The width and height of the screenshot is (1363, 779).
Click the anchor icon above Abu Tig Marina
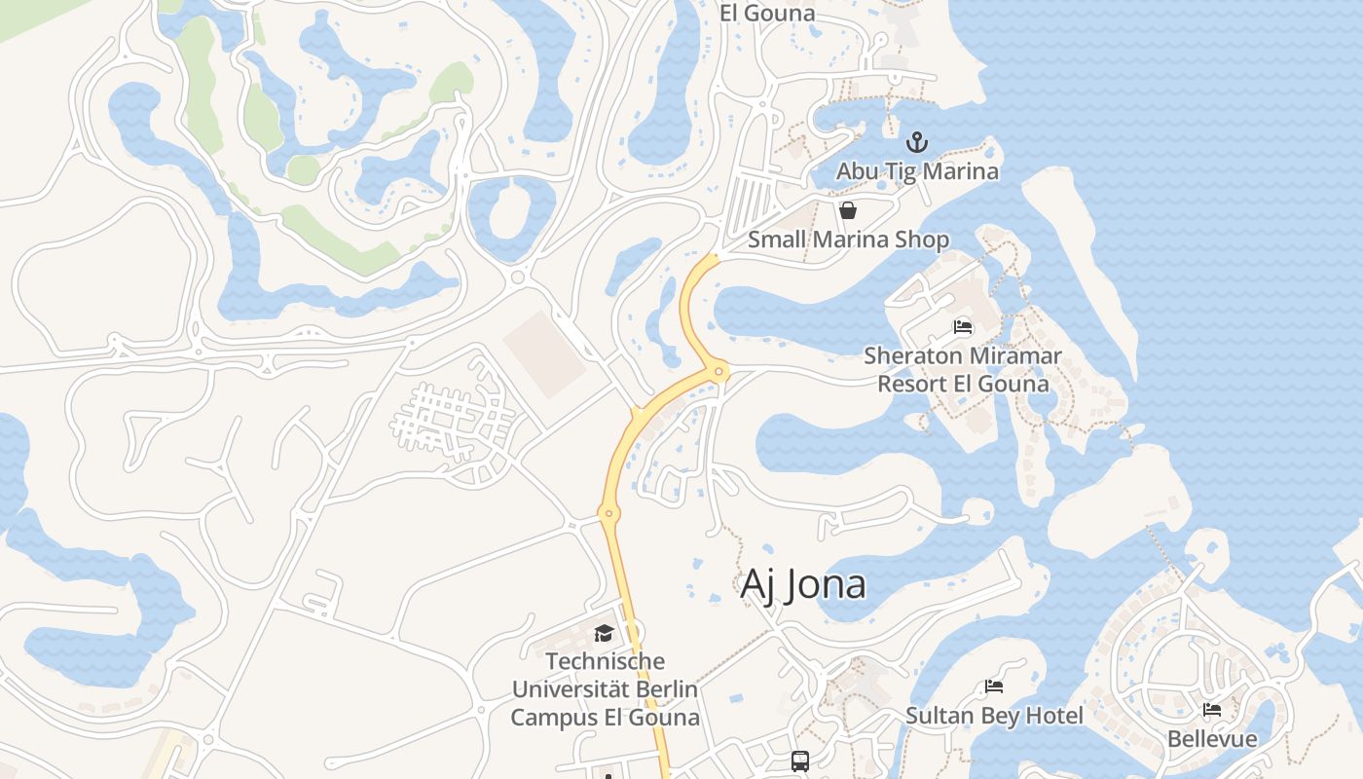click(917, 143)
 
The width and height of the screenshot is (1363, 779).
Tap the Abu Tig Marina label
click(917, 171)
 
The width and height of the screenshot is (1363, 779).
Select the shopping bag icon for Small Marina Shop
click(848, 210)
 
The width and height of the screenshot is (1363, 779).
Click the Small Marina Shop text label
click(848, 240)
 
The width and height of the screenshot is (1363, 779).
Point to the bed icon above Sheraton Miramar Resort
click(963, 327)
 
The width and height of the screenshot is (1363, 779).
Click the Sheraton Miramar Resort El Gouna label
click(963, 370)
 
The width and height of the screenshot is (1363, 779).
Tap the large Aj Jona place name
click(803, 584)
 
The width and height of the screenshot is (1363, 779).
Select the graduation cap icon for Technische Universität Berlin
click(604, 633)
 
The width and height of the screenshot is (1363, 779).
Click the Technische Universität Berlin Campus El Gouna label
click(605, 689)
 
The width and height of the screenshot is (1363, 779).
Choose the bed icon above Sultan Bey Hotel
click(994, 686)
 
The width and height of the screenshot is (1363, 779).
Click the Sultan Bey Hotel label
click(994, 717)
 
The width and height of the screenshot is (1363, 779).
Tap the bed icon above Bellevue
click(1212, 710)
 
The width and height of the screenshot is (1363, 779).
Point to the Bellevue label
click(1212, 739)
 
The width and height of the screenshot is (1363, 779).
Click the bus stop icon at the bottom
click(800, 761)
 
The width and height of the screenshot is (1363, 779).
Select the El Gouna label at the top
click(767, 14)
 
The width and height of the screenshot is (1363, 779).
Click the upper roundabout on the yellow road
click(719, 371)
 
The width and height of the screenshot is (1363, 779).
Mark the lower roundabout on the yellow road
click(609, 513)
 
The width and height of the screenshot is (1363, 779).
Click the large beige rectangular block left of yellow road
click(544, 353)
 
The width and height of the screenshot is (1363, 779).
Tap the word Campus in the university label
click(554, 719)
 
